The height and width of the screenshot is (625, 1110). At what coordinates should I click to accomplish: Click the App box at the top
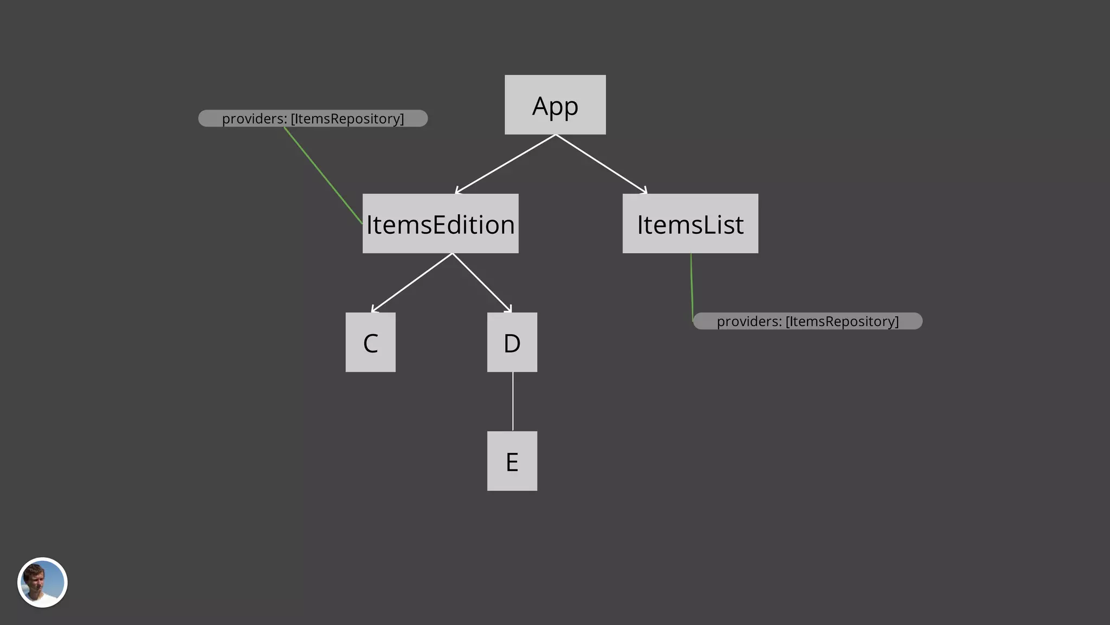555,105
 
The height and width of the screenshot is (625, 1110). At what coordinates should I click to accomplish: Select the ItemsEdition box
440,224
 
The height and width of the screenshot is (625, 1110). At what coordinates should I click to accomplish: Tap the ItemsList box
690,224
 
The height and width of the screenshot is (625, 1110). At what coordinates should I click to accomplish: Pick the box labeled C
370,342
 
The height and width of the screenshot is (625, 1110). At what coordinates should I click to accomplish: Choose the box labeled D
512,342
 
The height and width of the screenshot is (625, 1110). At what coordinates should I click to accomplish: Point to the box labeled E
512,461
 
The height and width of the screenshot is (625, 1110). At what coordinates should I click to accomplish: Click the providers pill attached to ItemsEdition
313,118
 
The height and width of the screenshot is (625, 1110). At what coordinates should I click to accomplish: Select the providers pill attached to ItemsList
808,321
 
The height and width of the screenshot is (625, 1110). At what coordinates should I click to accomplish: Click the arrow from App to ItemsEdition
505,164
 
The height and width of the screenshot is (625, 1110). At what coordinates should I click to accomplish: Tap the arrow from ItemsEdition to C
412,283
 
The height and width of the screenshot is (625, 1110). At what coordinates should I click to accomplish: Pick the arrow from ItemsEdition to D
481,283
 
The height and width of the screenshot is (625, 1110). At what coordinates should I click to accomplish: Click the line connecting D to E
513,401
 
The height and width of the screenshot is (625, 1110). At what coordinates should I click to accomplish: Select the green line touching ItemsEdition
323,175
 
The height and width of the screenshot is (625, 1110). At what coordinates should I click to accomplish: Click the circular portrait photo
42,582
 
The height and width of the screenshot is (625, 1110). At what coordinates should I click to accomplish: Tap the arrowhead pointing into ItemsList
644,191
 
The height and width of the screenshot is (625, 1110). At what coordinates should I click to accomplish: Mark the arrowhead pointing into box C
374,310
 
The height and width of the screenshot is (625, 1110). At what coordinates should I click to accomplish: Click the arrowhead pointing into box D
508,309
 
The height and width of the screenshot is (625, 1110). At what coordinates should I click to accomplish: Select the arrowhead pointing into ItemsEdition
458,191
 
